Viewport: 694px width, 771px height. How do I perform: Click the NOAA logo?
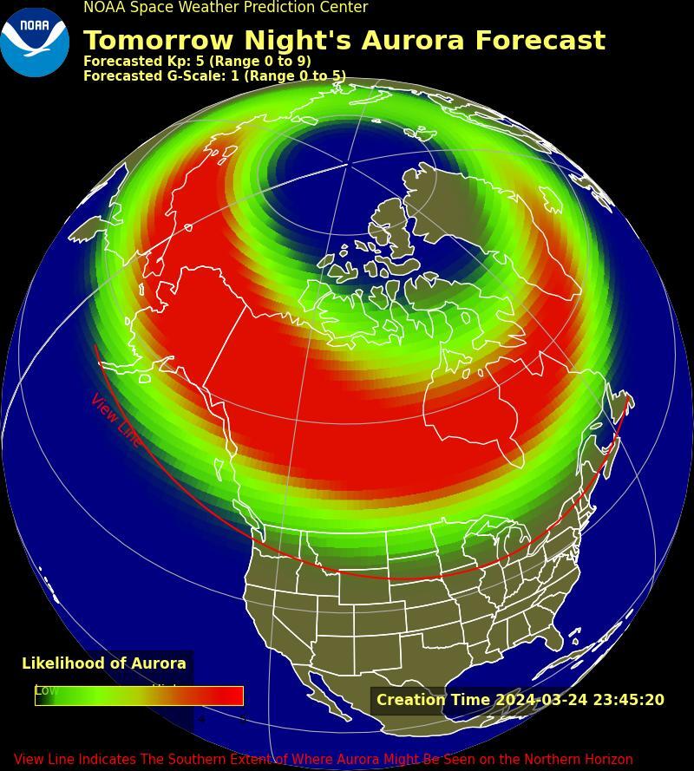(x=35, y=42)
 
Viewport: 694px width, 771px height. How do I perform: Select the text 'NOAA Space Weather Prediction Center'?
(x=226, y=8)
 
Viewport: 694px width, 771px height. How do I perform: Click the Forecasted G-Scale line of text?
(x=214, y=76)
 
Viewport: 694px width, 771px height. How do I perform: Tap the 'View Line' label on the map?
(x=115, y=421)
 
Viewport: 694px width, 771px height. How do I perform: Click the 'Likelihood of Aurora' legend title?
(x=104, y=663)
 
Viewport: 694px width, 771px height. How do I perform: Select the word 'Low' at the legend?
(x=46, y=690)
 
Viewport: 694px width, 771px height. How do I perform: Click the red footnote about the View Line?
(x=323, y=760)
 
